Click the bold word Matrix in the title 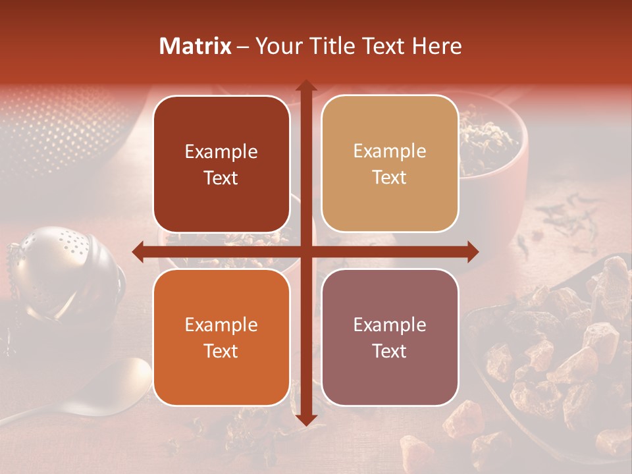pos(196,46)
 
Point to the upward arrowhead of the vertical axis pos(305,86)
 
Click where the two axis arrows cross pos(305,251)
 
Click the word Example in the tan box pos(390,151)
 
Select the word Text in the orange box pos(221,351)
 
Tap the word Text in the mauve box pos(390,351)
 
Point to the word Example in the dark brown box pos(221,152)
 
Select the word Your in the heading pos(277,46)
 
